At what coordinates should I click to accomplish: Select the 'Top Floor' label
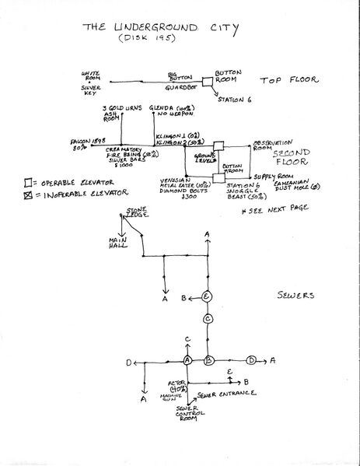[x=281, y=80]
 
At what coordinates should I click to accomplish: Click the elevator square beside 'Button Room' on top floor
[x=207, y=82]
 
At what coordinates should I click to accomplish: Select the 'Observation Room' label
[x=272, y=146]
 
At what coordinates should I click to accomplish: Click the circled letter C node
[x=208, y=319]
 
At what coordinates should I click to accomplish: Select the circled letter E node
[x=207, y=296]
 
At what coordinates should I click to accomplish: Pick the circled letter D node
[x=251, y=360]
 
